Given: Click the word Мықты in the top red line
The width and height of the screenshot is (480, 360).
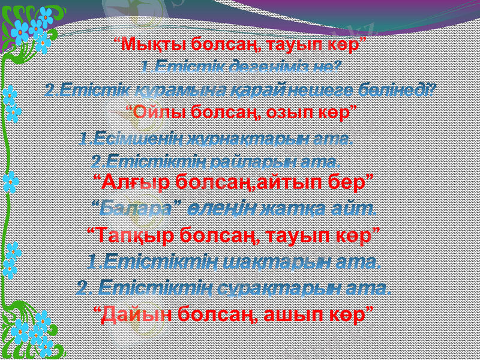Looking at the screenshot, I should click(146, 44).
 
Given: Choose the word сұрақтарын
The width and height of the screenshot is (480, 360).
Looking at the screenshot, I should click(265, 288).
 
